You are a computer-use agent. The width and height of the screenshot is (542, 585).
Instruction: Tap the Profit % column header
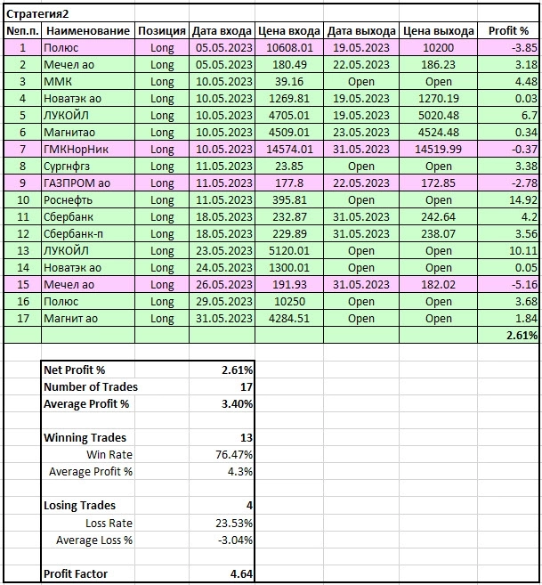click(x=509, y=31)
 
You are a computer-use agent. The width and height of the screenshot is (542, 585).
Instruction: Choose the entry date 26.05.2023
click(x=222, y=285)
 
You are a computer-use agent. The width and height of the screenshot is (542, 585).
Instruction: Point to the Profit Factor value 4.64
click(x=239, y=574)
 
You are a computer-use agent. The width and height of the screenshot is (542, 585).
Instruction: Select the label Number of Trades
click(x=91, y=386)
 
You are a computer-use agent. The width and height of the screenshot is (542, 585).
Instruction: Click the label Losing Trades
click(x=79, y=506)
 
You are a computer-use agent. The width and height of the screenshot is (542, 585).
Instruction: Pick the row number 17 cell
click(x=21, y=319)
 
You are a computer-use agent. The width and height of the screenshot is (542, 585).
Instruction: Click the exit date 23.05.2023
click(x=361, y=133)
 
